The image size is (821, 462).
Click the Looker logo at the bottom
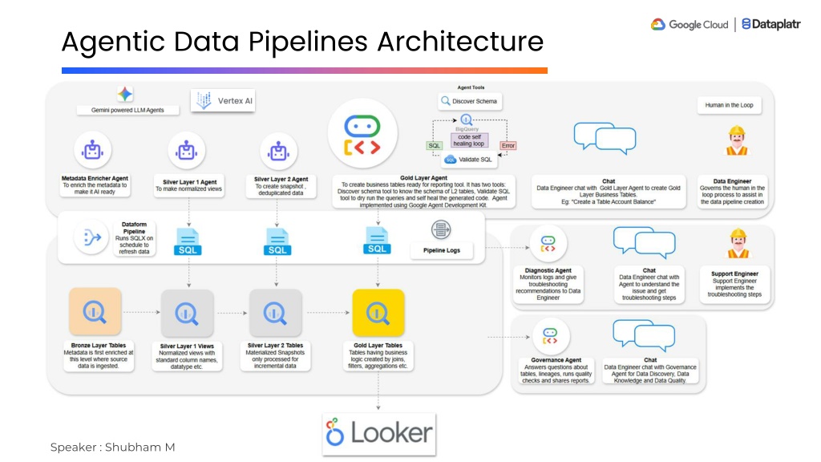pyautogui.click(x=379, y=434)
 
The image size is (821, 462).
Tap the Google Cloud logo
pyautogui.click(x=689, y=25)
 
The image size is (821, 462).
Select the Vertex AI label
pyautogui.click(x=224, y=101)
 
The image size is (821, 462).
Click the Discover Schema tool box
pyautogui.click(x=471, y=102)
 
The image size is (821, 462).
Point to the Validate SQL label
pyautogui.click(x=475, y=160)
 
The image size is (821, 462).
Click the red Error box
pyautogui.click(x=508, y=145)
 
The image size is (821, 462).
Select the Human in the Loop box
pyautogui.click(x=729, y=105)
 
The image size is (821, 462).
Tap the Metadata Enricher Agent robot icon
pyautogui.click(x=95, y=150)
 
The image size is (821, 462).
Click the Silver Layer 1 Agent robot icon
pyautogui.click(x=188, y=151)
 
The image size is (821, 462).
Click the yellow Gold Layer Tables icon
pyautogui.click(x=378, y=313)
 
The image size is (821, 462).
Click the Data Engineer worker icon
pyautogui.click(x=736, y=141)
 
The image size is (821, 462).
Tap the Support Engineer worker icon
pyautogui.click(x=735, y=243)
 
